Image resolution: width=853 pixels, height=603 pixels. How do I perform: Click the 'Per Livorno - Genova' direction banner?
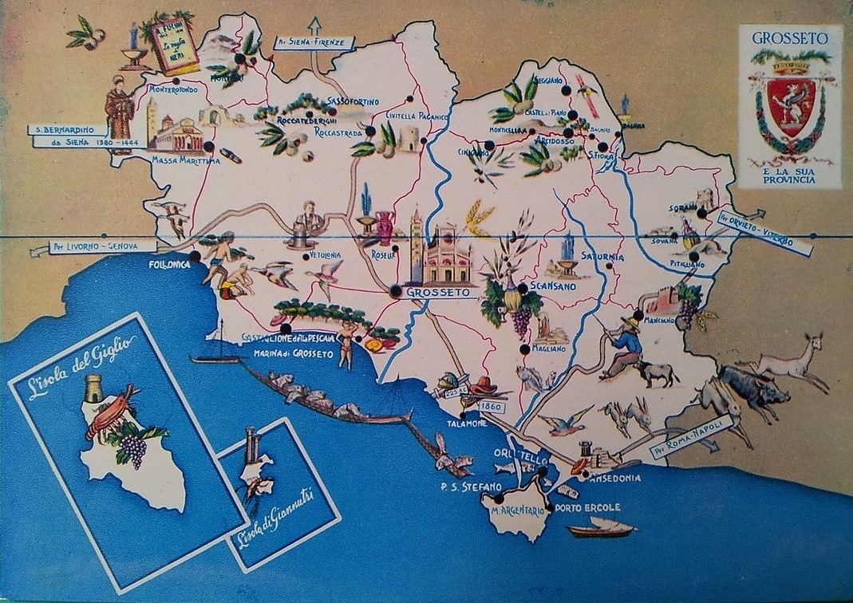pos(93,248)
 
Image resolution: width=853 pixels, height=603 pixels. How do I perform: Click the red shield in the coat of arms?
pos(790,104)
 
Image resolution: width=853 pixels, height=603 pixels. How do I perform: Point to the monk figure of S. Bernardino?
pos(120,114)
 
